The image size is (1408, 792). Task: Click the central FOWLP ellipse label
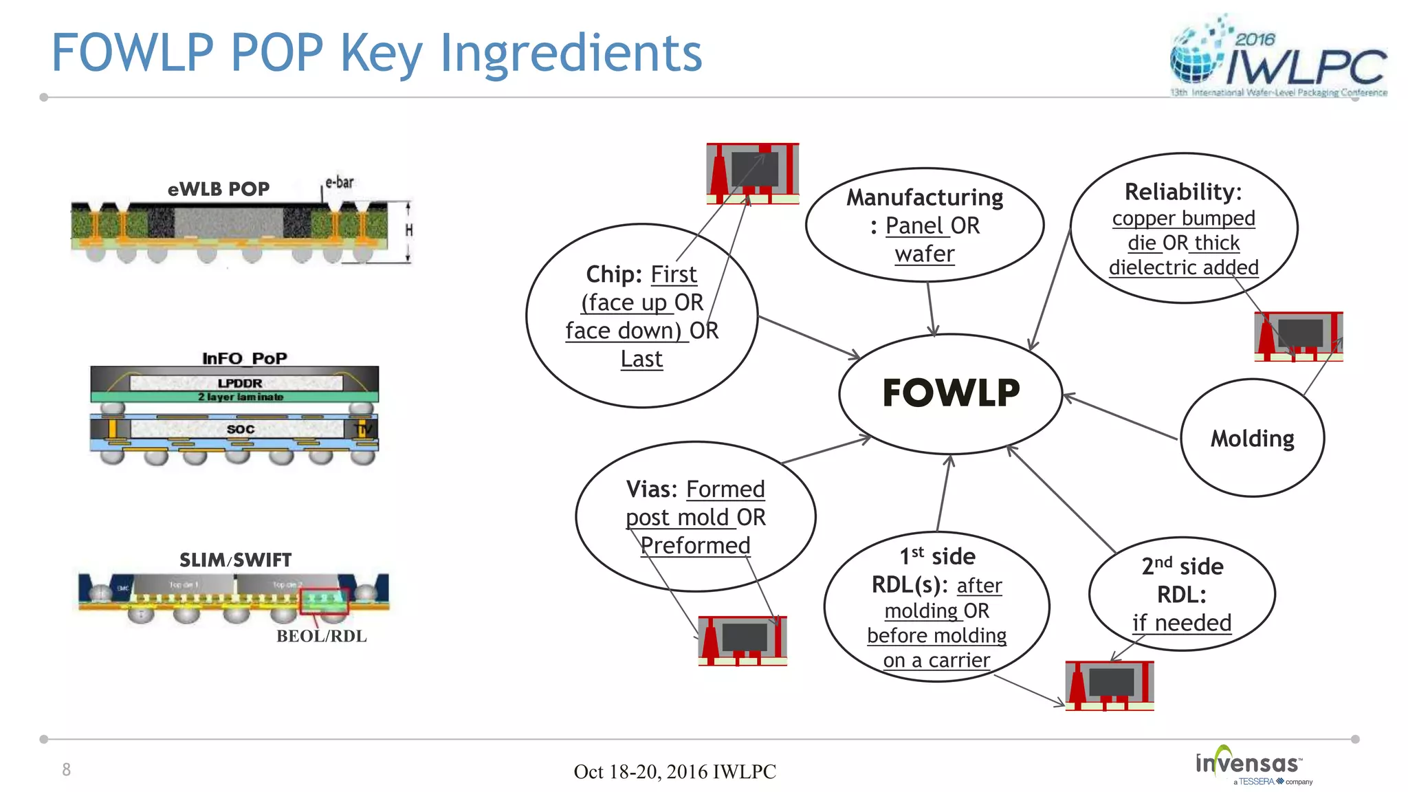coord(951,393)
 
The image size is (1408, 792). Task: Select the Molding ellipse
coord(1252,439)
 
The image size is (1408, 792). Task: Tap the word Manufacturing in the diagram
coord(925,198)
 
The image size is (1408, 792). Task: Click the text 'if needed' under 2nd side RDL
coord(1182,623)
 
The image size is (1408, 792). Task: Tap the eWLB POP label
coord(219,189)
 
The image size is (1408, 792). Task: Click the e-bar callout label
coord(340,182)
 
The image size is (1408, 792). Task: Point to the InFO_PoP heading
coord(245,358)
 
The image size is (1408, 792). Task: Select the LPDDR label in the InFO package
coord(240,383)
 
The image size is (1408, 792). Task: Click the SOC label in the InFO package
coord(241,429)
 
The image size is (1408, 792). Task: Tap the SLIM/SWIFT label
coord(236,560)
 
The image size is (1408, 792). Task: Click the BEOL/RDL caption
coord(321,636)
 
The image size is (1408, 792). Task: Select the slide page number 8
coord(67,769)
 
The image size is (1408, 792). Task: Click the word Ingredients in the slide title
coord(571,54)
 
